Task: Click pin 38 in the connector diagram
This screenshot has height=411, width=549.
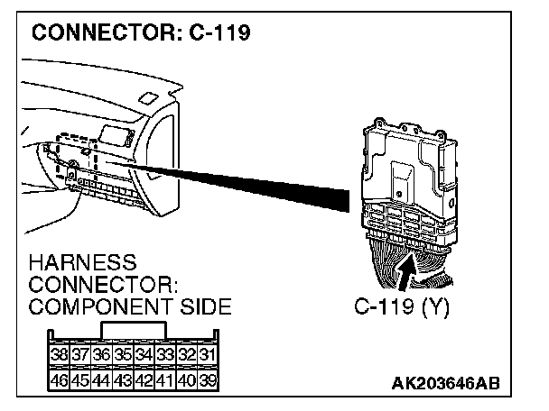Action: (60, 354)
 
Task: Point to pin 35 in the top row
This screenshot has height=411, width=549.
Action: (121, 354)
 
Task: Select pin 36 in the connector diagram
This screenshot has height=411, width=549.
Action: (100, 354)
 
